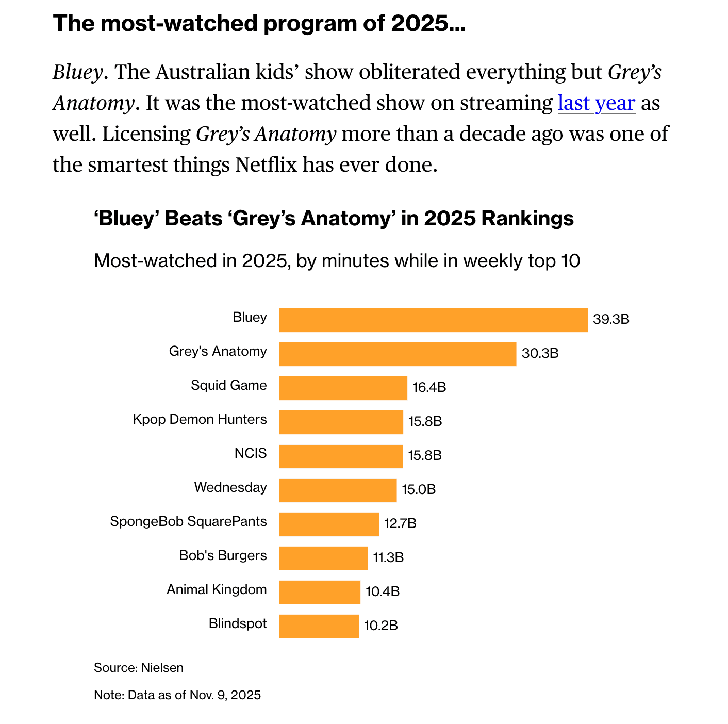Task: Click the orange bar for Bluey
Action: click(x=433, y=320)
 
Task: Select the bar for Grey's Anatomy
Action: click(x=398, y=354)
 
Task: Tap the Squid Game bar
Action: click(x=343, y=388)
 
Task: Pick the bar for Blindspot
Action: click(x=319, y=626)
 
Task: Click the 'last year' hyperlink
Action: click(x=596, y=103)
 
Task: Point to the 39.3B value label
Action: click(x=611, y=319)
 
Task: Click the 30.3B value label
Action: click(x=540, y=353)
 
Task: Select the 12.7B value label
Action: click(x=400, y=523)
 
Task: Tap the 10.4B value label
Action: click(x=383, y=591)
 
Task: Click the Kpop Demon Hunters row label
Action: click(x=200, y=419)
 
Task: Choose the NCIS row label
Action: click(x=251, y=453)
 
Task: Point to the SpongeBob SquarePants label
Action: click(x=189, y=521)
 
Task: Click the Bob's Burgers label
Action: click(x=223, y=555)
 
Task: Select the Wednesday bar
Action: click(x=338, y=490)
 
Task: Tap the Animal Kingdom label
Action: click(x=217, y=589)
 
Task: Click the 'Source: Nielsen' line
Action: click(x=139, y=668)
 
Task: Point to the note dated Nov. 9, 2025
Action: click(x=177, y=695)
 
